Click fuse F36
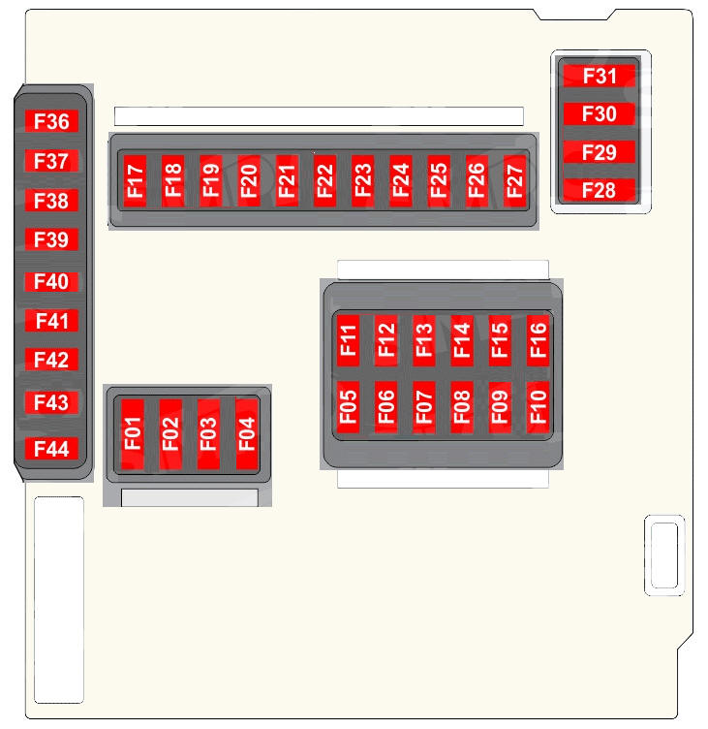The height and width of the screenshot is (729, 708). point(51,121)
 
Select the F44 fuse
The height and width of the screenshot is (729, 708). point(51,449)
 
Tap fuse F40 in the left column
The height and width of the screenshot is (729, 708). point(51,282)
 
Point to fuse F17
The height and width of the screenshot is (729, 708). point(136,180)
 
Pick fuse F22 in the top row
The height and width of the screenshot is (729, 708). point(324,180)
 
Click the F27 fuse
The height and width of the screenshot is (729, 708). point(514,180)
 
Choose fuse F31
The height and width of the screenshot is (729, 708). point(600,76)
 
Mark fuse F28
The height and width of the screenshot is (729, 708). point(600,190)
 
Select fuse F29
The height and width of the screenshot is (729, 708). point(600,152)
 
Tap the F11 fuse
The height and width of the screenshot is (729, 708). point(348,340)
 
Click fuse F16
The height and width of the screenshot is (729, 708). point(538,340)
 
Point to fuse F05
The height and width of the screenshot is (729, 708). point(348,407)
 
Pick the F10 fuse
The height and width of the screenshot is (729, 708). point(538,407)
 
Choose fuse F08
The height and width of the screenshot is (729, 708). point(462,407)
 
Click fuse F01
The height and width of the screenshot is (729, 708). point(133,433)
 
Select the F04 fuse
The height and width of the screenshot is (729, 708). point(247,433)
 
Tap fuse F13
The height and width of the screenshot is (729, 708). point(423,340)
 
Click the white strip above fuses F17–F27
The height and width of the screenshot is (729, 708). point(319,116)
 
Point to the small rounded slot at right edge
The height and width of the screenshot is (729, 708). point(664,555)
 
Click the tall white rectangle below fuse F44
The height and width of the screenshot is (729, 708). point(59,600)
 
